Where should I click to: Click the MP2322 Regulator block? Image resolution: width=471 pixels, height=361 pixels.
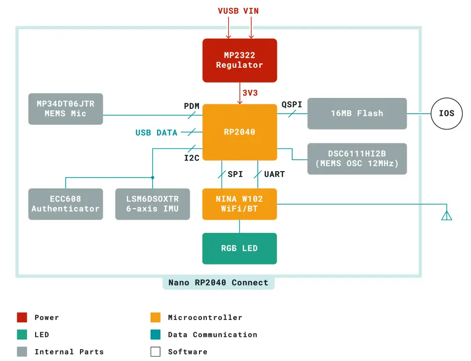(x=239, y=60)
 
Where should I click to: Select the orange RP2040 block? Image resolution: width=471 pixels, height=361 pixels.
(x=239, y=132)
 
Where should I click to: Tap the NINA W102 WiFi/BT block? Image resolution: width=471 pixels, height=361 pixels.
(x=239, y=204)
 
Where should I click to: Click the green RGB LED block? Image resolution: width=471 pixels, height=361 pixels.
(x=239, y=248)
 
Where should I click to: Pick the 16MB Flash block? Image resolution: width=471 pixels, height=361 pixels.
(x=356, y=113)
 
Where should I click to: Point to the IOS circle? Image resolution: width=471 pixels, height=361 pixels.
(x=446, y=114)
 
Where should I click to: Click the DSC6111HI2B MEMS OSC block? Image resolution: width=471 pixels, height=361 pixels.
(x=356, y=159)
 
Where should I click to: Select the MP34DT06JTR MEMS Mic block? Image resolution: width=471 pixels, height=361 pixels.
(x=65, y=109)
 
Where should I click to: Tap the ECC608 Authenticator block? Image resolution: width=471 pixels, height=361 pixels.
(x=65, y=204)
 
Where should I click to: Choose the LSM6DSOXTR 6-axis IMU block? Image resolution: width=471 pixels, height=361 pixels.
(x=152, y=204)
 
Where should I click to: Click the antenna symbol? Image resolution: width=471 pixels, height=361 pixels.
(x=446, y=215)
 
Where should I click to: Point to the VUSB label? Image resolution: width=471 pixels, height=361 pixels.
(x=228, y=11)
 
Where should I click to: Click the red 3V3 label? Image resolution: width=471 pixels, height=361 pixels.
(x=250, y=92)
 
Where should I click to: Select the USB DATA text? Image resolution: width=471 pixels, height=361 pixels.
(x=156, y=133)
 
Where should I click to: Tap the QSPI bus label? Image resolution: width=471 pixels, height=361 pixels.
(x=291, y=104)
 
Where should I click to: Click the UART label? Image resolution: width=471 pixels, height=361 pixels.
(x=274, y=174)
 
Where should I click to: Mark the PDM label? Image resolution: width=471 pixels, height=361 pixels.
(x=192, y=106)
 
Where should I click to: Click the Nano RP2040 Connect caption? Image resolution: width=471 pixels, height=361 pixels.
(x=218, y=283)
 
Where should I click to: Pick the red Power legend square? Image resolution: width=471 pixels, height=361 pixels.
(x=22, y=317)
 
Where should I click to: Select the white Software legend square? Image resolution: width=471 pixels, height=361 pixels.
(x=156, y=352)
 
